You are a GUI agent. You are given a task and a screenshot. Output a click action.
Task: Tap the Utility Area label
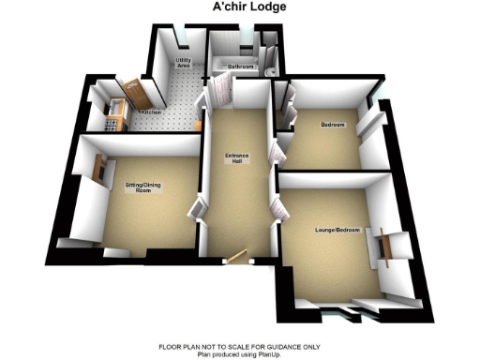point(184,64)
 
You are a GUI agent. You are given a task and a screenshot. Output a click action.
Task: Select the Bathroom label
point(242,67)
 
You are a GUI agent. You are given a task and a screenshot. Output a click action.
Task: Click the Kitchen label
point(151,113)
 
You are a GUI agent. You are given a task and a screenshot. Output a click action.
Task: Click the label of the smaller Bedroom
point(333,126)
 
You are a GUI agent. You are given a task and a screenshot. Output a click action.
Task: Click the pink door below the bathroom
point(221,92)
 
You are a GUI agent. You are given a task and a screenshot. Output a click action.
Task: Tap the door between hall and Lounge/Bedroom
point(276,208)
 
